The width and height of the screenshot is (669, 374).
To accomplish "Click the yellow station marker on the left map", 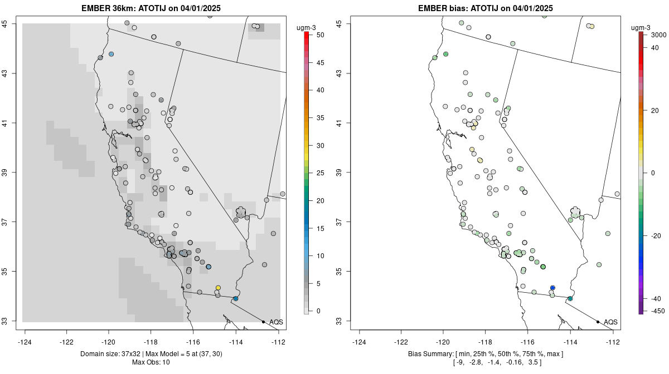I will pyautogui.click(x=218, y=288).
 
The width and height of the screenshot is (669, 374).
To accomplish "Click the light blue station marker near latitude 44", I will pyautogui.click(x=111, y=54).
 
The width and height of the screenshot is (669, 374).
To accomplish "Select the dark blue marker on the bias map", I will pyautogui.click(x=552, y=288).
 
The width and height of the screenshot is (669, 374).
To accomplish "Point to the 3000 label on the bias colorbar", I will pyautogui.click(x=658, y=35).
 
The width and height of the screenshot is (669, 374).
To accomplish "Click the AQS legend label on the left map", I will pyautogui.click(x=276, y=322).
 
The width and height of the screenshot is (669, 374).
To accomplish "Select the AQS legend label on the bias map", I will pyautogui.click(x=610, y=322).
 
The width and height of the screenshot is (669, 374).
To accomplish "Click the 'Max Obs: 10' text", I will pyautogui.click(x=151, y=362).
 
